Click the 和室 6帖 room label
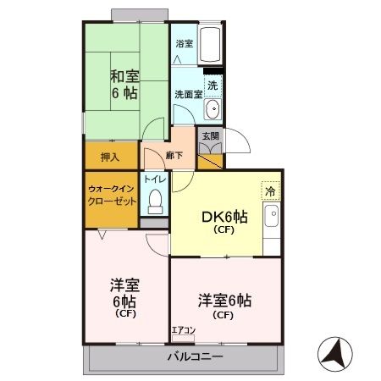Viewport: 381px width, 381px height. coord(125,81)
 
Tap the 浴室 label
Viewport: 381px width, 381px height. coord(184,44)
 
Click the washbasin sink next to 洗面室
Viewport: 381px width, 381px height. coord(213,109)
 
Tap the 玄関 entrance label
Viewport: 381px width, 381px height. coord(208,134)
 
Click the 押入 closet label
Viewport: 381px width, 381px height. coord(110,157)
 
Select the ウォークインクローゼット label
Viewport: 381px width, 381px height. coord(111,196)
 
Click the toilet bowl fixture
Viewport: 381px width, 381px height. coord(154,202)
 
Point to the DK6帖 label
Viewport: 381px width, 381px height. coord(224,217)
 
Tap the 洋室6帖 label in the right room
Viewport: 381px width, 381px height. coord(224,301)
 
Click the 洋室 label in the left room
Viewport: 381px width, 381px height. coord(124,285)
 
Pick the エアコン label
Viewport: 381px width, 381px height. coord(183,330)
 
